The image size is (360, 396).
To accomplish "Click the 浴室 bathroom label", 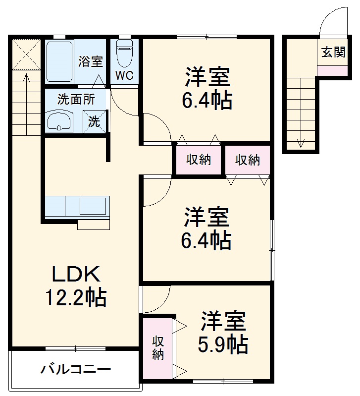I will (x=91, y=61).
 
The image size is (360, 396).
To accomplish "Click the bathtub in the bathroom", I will (x=60, y=62).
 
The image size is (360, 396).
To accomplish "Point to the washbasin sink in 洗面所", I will (x=59, y=121).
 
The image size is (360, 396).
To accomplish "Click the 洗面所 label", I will (x=76, y=98).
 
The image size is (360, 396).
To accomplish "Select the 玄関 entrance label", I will (x=333, y=52).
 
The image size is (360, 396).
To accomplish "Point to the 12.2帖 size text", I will (x=76, y=297).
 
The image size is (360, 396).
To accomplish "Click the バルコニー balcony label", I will (x=76, y=369).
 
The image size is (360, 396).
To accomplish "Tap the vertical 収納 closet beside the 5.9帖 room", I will (x=157, y=347).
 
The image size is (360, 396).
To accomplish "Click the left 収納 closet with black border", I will (x=199, y=160).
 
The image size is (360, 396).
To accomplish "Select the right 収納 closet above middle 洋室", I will (x=247, y=160).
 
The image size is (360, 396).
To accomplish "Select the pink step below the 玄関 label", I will (x=332, y=70).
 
